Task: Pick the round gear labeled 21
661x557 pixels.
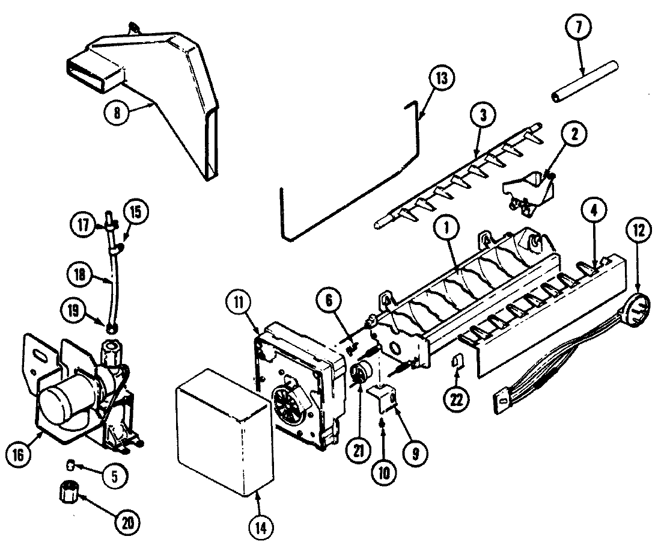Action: (359, 373)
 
